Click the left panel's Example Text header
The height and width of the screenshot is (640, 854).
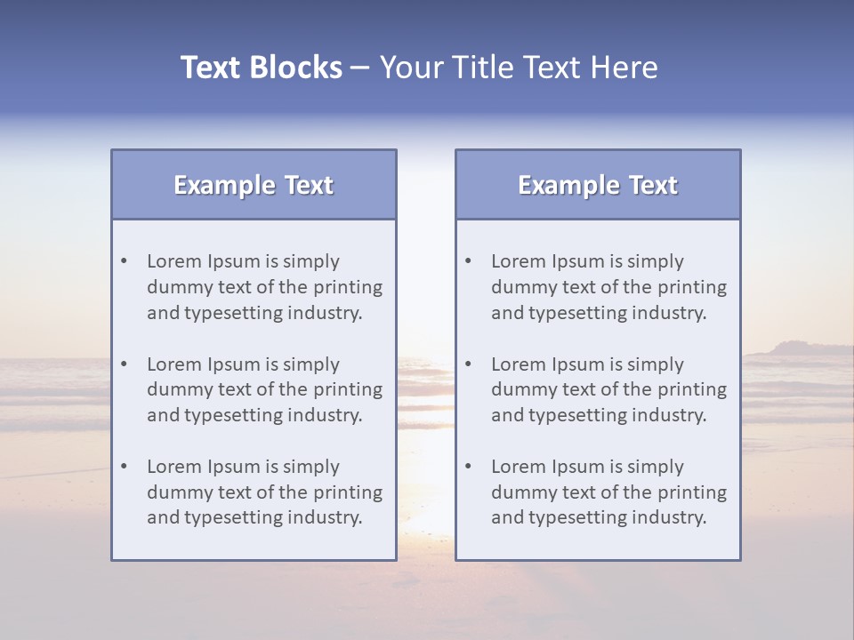click(x=254, y=185)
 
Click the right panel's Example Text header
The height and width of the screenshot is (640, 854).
click(x=598, y=185)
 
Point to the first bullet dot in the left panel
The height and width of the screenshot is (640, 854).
click(x=125, y=261)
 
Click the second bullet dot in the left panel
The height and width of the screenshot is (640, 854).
click(x=125, y=364)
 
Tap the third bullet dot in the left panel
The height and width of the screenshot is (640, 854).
click(x=125, y=467)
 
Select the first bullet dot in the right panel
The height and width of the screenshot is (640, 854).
click(x=469, y=261)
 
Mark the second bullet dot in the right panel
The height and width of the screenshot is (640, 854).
click(x=469, y=364)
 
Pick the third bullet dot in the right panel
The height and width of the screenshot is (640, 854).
click(x=469, y=467)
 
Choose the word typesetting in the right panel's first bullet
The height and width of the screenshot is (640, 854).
click(x=583, y=313)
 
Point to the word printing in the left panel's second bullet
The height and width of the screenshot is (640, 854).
click(x=349, y=389)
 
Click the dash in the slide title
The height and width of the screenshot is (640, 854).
click(x=361, y=68)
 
